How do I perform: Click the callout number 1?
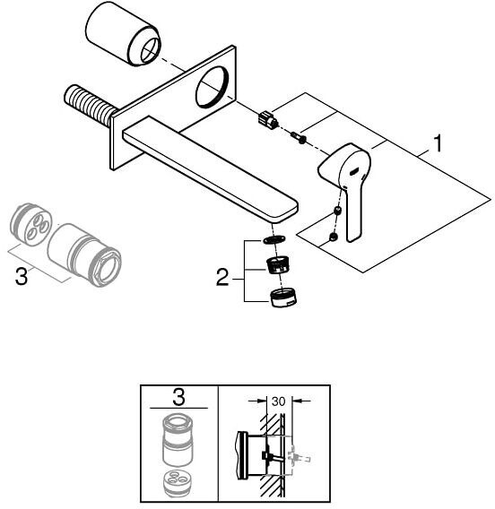click(x=439, y=143)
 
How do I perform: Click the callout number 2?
click(x=222, y=277)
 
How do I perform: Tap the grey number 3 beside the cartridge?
click(x=22, y=277)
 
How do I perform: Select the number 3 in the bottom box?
click(x=178, y=397)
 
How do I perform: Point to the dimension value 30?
click(x=278, y=401)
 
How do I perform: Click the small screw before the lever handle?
click(x=299, y=137)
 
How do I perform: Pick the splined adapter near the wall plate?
click(x=268, y=119)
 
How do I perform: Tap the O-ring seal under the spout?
click(x=274, y=240)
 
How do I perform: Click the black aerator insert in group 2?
click(x=278, y=264)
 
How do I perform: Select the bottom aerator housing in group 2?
click(x=282, y=298)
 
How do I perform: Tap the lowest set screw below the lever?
click(x=333, y=237)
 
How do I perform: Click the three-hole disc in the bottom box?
click(x=178, y=481)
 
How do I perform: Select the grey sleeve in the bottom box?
click(x=178, y=440)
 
